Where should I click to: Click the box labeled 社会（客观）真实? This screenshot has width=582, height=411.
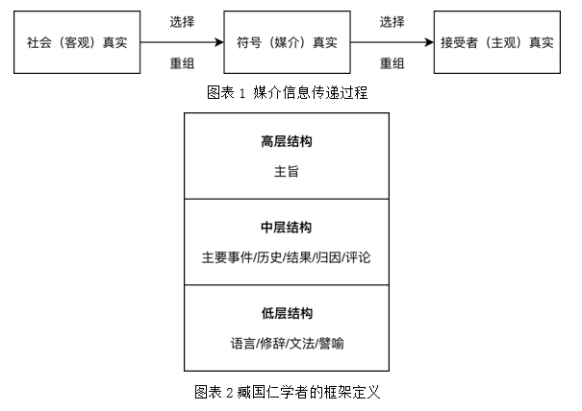click(x=77, y=42)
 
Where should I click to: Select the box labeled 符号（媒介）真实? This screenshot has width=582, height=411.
click(x=287, y=42)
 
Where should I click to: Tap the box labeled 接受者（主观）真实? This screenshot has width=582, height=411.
click(x=497, y=42)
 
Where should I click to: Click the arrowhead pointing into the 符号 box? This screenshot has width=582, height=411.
click(x=219, y=42)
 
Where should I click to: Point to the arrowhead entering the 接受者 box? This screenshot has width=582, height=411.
click(x=429, y=42)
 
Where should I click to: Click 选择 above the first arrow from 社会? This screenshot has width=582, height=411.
click(x=182, y=22)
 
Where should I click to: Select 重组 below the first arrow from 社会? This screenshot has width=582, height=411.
click(x=182, y=63)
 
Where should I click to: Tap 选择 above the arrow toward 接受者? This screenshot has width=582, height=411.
click(x=392, y=22)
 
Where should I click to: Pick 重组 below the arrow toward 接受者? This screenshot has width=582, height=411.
click(x=392, y=63)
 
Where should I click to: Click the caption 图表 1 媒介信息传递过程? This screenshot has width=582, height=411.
click(x=287, y=92)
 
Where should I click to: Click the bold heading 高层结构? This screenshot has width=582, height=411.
click(x=287, y=141)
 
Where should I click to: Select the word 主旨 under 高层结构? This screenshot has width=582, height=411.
click(x=287, y=172)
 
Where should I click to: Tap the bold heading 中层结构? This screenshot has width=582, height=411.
click(x=287, y=228)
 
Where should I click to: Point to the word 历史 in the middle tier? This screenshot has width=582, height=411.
click(x=269, y=257)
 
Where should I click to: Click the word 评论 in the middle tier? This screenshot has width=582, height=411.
click(x=358, y=257)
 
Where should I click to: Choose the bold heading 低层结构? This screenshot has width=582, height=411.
click(x=287, y=313)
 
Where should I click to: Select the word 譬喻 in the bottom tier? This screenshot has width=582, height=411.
click(x=331, y=343)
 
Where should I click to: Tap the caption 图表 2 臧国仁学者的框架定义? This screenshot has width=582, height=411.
click(x=288, y=392)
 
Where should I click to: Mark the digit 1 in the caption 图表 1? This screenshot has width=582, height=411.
click(x=242, y=93)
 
